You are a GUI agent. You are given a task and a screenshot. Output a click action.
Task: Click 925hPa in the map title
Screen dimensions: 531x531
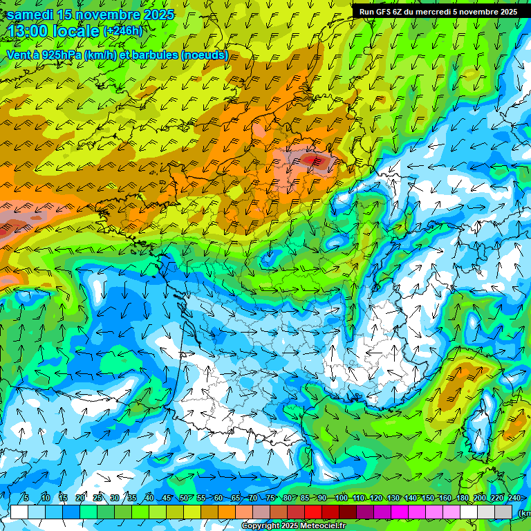(x=62, y=55)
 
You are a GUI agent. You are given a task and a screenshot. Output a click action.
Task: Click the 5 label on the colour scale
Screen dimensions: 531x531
(x=26, y=499)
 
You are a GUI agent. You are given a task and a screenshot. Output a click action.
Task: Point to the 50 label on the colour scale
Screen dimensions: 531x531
(x=183, y=499)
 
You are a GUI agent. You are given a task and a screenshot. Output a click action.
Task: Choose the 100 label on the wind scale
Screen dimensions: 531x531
(x=341, y=499)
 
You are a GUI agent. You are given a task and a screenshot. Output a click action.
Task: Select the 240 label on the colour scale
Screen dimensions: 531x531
(x=514, y=499)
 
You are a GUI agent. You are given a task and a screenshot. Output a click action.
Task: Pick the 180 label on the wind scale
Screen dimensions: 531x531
(x=463, y=499)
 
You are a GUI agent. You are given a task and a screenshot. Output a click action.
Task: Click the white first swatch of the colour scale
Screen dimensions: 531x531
(x=19, y=512)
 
